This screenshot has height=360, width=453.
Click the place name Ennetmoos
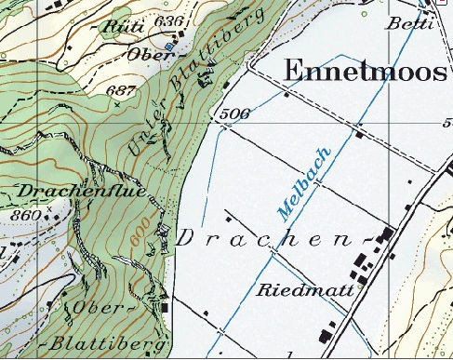point(364,71)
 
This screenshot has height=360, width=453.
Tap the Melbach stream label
point(304,183)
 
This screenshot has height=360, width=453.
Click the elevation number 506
point(237,114)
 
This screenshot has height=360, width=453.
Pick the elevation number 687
point(122,90)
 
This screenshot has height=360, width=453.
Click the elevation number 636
point(171,20)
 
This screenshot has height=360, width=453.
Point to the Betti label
point(410,23)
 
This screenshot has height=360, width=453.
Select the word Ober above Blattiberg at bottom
point(94,307)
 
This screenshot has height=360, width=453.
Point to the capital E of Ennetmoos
point(293,71)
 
